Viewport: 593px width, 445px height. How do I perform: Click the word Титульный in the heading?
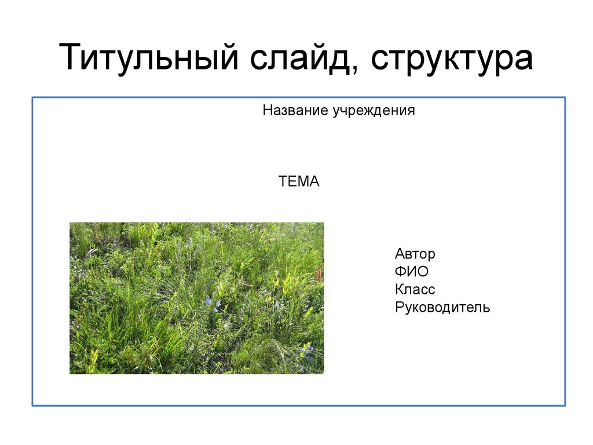[149, 57]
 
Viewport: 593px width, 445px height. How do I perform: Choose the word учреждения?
[374, 111]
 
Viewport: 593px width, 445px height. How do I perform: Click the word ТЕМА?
[299, 181]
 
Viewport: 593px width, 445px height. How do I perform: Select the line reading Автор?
[415, 254]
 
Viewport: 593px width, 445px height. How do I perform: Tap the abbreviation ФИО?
[412, 272]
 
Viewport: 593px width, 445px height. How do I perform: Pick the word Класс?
[415, 290]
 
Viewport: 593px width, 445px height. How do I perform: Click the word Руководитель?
[442, 308]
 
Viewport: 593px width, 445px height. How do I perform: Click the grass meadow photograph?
[197, 298]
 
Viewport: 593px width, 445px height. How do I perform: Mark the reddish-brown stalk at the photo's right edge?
[320, 274]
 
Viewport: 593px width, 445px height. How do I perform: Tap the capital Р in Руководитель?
[400, 307]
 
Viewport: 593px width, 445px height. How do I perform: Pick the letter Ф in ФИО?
[401, 272]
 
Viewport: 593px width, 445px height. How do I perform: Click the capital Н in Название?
[268, 111]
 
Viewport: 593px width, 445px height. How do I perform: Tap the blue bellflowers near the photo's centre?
[209, 301]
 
